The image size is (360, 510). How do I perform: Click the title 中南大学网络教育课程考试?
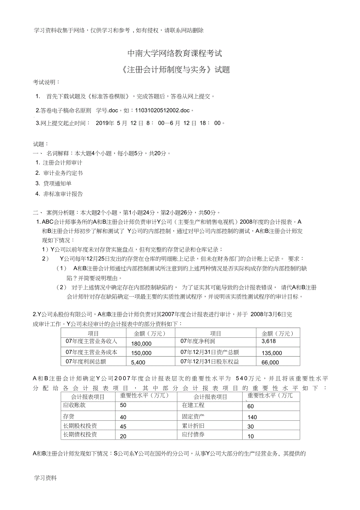(x=175, y=53)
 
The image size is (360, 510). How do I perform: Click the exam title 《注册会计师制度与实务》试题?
(x=175, y=70)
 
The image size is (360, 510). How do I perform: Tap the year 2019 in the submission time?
(x=104, y=123)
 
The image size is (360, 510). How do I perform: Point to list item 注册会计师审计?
(x=63, y=162)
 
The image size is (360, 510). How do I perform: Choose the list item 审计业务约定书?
(x=63, y=173)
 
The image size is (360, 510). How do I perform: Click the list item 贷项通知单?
(x=57, y=183)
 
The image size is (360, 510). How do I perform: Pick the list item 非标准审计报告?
(x=63, y=194)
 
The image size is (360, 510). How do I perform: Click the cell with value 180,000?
(x=141, y=344)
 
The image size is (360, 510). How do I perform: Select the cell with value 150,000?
(x=141, y=353)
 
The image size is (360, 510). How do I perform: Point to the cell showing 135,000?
(x=272, y=353)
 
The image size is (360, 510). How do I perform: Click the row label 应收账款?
(x=74, y=405)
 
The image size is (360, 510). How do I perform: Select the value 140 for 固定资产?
(x=252, y=417)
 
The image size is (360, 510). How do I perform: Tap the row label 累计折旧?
(x=193, y=425)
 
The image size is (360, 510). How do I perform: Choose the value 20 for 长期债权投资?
(x=123, y=436)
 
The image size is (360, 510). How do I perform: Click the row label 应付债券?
(x=193, y=434)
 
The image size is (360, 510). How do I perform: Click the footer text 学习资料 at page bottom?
(x=45, y=478)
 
